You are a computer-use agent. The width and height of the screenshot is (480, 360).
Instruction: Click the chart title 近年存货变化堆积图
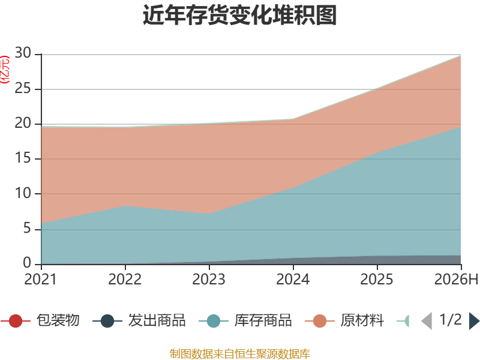coord(239,14)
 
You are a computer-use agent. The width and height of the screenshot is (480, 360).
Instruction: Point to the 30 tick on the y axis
coord(23,53)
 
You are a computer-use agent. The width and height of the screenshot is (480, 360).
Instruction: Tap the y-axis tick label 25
coord(23,88)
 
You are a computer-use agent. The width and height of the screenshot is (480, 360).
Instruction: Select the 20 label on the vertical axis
coord(23,124)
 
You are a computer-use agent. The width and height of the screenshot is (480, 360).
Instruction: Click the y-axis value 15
coord(23,158)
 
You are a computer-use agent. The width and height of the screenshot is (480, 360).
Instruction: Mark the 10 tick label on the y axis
coord(23,193)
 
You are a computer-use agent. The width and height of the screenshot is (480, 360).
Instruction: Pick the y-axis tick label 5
coord(27,229)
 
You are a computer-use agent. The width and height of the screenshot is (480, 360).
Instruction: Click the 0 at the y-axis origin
coord(27,263)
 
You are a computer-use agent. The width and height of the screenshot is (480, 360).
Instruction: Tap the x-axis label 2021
coord(41,280)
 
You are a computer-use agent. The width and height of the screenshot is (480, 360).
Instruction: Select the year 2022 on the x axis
coord(125,280)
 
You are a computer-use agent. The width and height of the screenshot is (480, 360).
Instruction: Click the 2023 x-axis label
coord(209,280)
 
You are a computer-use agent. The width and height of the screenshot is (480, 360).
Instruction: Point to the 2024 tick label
coord(293,280)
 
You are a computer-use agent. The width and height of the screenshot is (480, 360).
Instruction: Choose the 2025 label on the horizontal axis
coord(377,280)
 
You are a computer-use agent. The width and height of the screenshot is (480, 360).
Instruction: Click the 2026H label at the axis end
coord(456,280)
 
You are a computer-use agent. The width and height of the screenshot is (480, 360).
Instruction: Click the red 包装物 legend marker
coord(16,321)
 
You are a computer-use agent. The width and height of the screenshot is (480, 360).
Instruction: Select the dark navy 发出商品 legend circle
coord(107,321)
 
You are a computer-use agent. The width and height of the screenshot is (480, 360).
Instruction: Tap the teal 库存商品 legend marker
coord(214,321)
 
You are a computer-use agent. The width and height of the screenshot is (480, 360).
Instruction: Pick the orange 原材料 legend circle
coord(320,321)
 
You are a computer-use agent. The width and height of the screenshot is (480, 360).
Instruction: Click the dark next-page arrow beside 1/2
coord(474,321)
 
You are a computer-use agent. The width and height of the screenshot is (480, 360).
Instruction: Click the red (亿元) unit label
coord(5,70)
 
